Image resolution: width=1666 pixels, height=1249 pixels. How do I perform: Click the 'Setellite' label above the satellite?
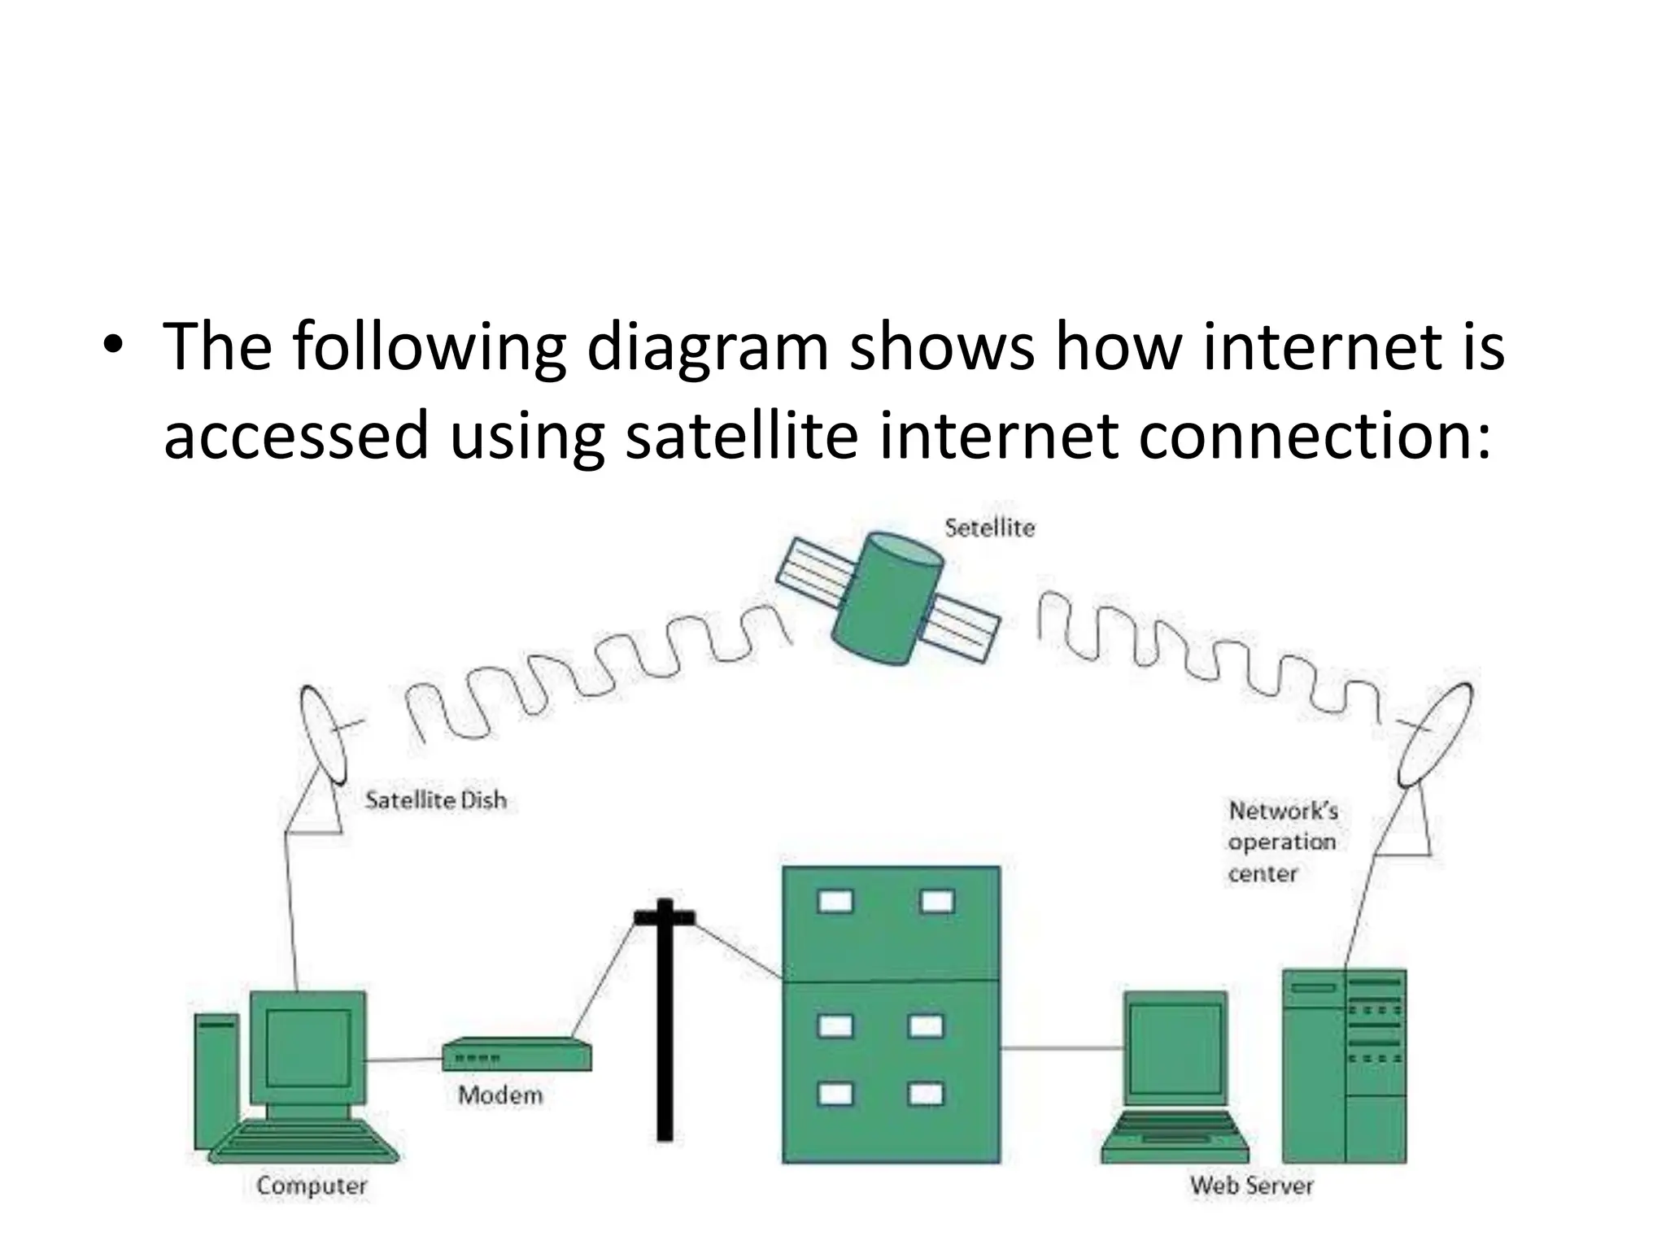(x=989, y=529)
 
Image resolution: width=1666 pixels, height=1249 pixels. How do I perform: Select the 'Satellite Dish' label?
(x=436, y=800)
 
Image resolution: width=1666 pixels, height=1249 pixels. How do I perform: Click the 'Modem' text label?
(x=500, y=1095)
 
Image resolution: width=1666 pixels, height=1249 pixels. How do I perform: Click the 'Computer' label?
(x=312, y=1186)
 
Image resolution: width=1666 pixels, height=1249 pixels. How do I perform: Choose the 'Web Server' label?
(x=1251, y=1186)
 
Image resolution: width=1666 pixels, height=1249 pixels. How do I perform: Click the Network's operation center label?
(x=1282, y=842)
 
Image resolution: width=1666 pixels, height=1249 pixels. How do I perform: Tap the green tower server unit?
(x=1344, y=1065)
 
